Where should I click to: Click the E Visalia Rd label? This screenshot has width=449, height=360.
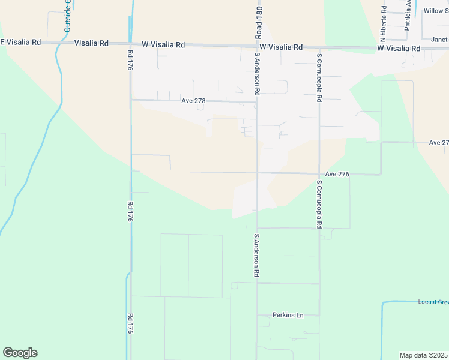click(20, 43)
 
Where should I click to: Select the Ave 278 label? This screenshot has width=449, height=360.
click(193, 101)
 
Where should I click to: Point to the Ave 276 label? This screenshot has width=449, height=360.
click(337, 174)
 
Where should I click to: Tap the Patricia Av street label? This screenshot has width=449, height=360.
click(408, 15)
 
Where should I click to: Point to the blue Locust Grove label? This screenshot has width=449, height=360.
click(433, 302)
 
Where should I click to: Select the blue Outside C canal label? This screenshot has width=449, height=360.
click(68, 16)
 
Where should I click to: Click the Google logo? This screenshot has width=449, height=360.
click(20, 353)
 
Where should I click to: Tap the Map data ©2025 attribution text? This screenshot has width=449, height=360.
click(424, 355)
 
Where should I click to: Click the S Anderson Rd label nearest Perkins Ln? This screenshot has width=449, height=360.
click(256, 255)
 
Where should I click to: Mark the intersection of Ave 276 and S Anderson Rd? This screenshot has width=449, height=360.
click(258, 173)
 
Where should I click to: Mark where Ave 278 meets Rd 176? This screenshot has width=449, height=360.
click(131, 100)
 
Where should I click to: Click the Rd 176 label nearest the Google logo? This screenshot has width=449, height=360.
click(129, 323)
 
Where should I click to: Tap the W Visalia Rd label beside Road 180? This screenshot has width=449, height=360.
click(281, 47)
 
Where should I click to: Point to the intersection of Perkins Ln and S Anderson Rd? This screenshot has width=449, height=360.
click(258, 315)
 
